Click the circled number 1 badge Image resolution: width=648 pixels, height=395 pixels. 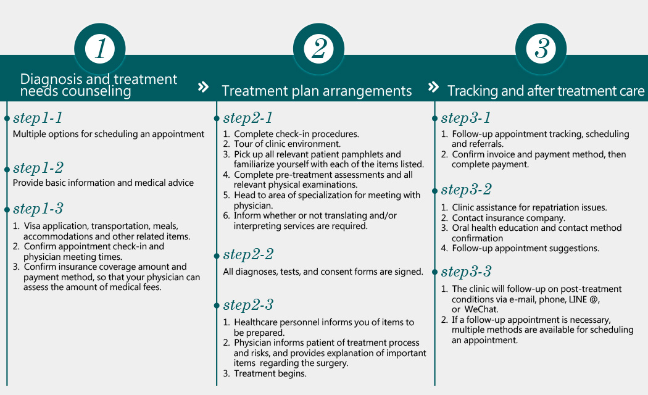pyautogui.click(x=100, y=49)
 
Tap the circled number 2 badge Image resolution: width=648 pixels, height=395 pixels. pyautogui.click(x=318, y=49)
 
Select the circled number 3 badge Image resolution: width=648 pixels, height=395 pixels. pyautogui.click(x=541, y=49)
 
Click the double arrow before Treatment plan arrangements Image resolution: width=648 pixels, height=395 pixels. pyautogui.click(x=203, y=87)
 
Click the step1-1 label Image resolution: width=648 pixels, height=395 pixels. pyautogui.click(x=38, y=118)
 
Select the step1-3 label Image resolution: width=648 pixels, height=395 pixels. pyautogui.click(x=38, y=209)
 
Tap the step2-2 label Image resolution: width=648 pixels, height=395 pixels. pyautogui.click(x=248, y=254)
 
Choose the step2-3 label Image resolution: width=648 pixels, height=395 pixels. pyautogui.click(x=248, y=305)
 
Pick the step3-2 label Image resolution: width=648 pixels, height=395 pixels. pyautogui.click(x=466, y=189)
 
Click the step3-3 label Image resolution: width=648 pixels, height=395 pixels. pyautogui.click(x=466, y=271)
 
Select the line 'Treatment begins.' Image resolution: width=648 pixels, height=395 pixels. pyautogui.click(x=270, y=373)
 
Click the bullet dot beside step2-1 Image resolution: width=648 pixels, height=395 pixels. pyautogui.click(x=217, y=118)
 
